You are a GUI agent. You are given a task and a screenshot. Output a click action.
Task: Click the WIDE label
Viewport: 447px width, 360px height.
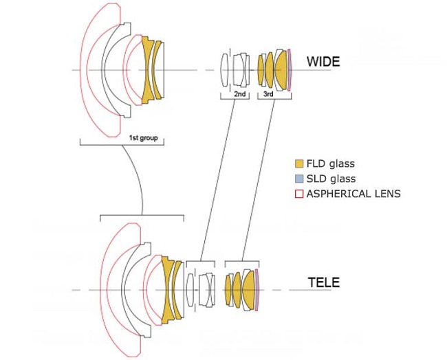323,62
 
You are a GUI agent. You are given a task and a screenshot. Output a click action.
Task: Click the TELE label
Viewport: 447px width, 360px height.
323,282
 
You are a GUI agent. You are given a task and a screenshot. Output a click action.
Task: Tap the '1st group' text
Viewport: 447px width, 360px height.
143,137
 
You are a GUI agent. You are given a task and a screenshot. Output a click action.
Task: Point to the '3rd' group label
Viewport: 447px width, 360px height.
269,93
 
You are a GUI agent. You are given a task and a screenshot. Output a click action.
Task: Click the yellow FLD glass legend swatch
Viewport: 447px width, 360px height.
298,164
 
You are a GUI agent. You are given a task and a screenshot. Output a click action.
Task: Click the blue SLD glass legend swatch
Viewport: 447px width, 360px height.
298,179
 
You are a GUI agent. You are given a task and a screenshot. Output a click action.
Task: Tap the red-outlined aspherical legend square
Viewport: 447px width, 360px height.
298,194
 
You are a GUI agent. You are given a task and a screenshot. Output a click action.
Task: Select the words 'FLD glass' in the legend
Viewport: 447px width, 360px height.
332,164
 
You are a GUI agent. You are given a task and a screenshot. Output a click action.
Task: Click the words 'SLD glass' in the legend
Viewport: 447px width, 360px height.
332,179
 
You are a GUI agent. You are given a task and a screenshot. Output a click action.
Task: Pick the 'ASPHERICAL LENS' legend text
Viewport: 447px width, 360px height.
353,194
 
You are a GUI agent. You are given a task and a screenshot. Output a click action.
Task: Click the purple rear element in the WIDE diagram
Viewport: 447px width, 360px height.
290,69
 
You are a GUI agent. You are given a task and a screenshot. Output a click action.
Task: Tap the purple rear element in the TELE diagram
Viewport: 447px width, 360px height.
257,289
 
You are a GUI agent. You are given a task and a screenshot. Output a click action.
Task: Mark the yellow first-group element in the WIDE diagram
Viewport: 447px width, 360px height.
148,69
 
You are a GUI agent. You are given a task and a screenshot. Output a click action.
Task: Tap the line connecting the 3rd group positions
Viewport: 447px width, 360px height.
254,179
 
